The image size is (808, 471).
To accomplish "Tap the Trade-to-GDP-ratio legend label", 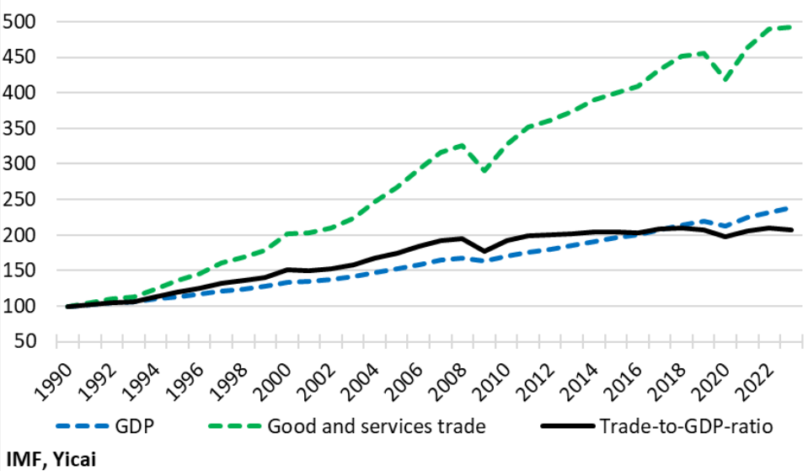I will tap(687, 426).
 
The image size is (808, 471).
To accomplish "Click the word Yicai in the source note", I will tap(78, 458).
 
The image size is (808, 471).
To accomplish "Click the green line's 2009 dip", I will tap(484, 171).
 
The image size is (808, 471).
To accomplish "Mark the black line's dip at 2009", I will tap(484, 251).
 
